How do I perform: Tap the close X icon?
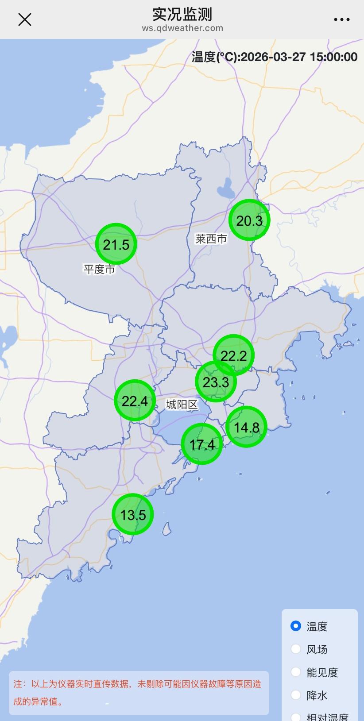click(x=25, y=19)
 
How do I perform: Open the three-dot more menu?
click(x=341, y=19)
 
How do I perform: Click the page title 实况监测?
click(x=182, y=14)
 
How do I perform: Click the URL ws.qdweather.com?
click(x=182, y=28)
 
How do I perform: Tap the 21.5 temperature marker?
click(x=116, y=244)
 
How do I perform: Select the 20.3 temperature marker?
click(x=249, y=220)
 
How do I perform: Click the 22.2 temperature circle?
click(x=234, y=355)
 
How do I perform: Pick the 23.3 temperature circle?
click(x=216, y=382)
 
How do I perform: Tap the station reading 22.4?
click(x=135, y=401)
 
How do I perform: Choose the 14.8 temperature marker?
click(x=247, y=427)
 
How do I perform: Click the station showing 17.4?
click(x=202, y=444)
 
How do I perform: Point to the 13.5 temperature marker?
click(x=133, y=514)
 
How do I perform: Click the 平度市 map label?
click(x=99, y=269)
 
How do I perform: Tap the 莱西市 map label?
click(x=211, y=239)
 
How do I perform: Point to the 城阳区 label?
click(x=182, y=404)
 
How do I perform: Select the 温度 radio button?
click(x=296, y=626)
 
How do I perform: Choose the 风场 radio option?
click(x=296, y=649)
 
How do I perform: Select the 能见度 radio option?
click(x=296, y=672)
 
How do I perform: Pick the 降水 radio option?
click(x=296, y=695)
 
